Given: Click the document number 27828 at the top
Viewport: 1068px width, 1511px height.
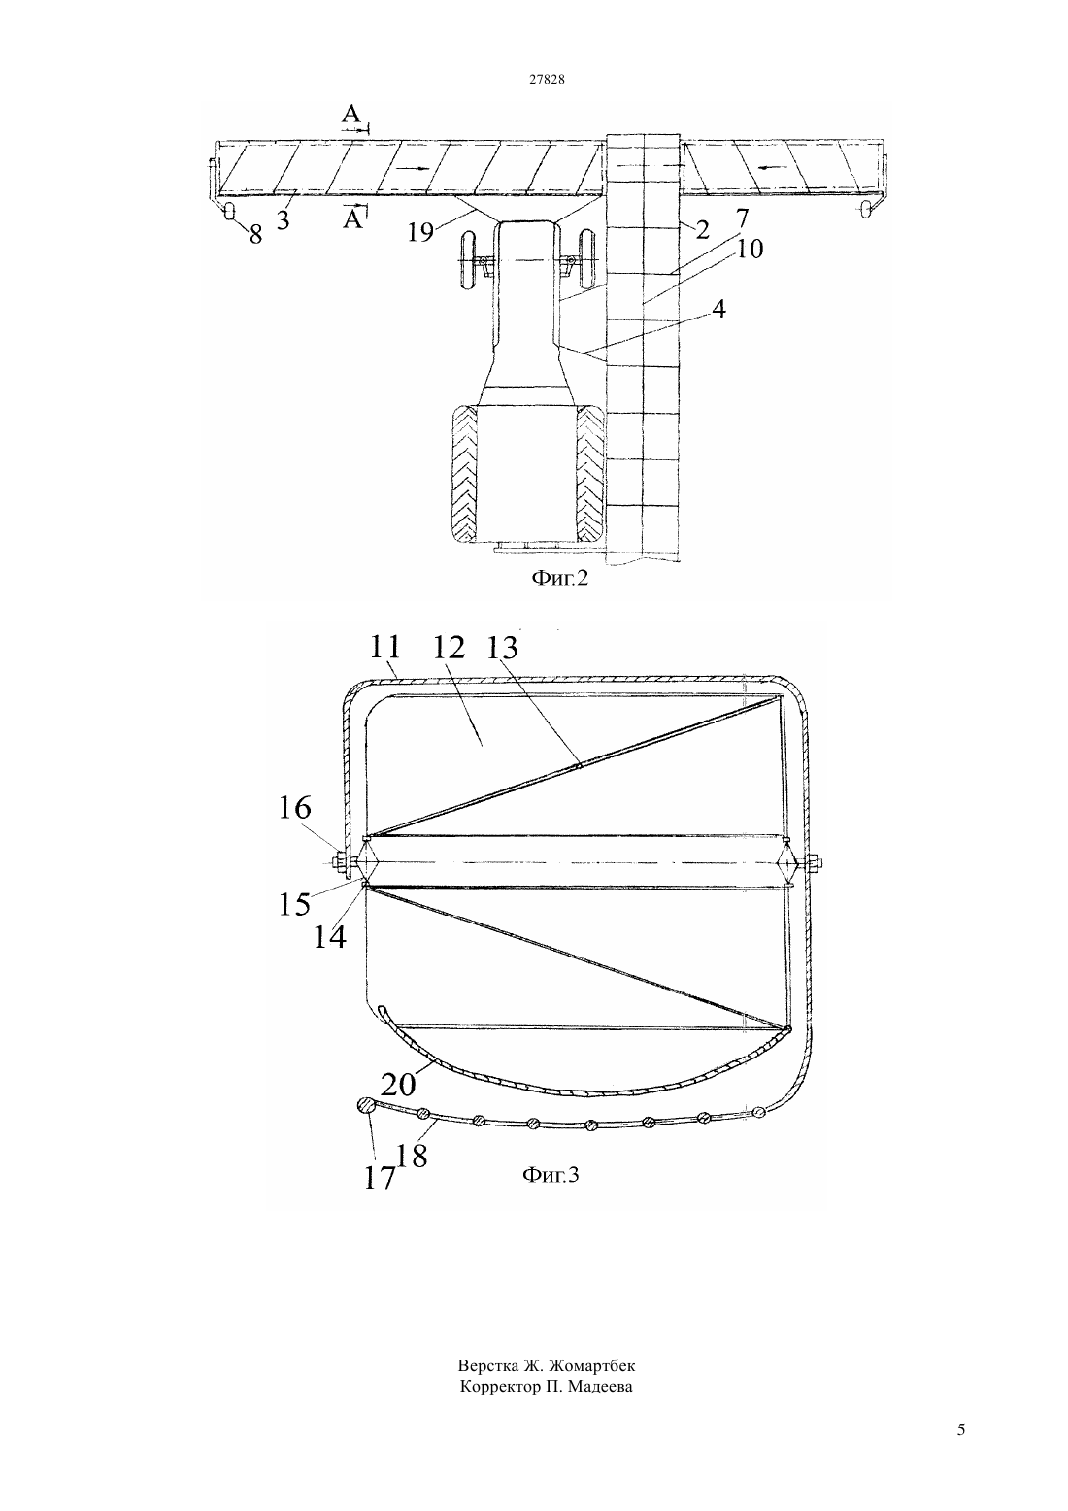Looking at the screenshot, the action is pos(546,79).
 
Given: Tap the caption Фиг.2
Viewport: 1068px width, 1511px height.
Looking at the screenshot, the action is pos(559,578).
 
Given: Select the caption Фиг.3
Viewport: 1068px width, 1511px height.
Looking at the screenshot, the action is pos(551,1175).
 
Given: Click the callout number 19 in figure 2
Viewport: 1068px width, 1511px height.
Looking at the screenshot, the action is pos(420,232).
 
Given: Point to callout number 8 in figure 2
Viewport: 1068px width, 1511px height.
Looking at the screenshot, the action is pos(255,235).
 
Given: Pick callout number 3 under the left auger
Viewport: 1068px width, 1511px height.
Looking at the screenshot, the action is pos(284,219).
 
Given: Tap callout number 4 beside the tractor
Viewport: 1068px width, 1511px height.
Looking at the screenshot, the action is pos(718,308).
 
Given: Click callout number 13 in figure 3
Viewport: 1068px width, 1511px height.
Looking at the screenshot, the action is pos(502,648).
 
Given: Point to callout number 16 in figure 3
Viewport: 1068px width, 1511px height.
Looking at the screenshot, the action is pos(295,807).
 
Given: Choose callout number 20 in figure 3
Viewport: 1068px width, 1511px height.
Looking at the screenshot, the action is pos(399,1084).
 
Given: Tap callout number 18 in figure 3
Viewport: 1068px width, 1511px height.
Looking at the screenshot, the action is pos(412,1157).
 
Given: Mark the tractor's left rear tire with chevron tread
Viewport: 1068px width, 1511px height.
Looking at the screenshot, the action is pos(462,474).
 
